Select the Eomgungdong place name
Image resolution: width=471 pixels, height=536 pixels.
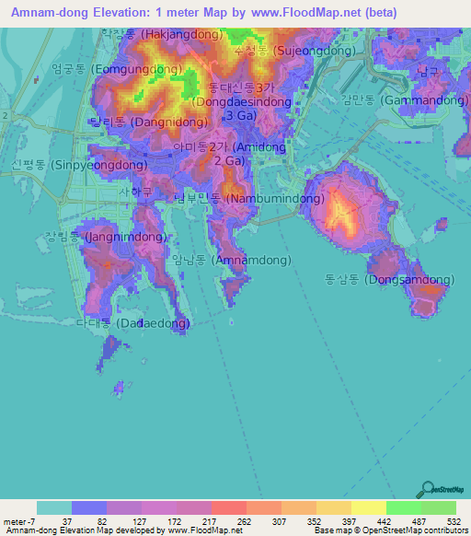[x=104, y=68]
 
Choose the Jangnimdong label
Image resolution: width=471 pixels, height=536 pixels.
[x=112, y=237]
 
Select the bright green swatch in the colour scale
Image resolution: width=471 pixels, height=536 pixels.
[x=404, y=507]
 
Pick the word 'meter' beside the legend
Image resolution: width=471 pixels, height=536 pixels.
[x=16, y=521]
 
